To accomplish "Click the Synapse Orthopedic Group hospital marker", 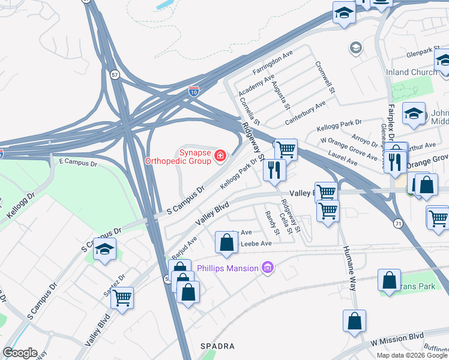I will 220,156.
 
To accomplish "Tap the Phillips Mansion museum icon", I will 268,268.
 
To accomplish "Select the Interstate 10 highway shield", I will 193,91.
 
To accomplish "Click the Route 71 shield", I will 398,223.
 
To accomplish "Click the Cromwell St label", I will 324,78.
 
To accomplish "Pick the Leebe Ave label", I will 256,244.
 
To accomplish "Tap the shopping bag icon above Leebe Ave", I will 226,242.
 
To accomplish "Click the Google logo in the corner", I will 20,353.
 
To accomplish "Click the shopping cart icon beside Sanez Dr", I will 122,297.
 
